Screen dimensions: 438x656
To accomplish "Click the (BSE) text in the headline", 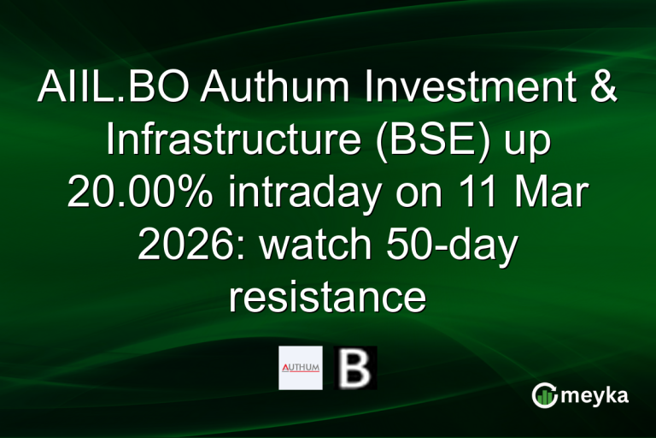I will pos(415,141).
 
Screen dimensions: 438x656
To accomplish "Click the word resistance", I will pos(327,299).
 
